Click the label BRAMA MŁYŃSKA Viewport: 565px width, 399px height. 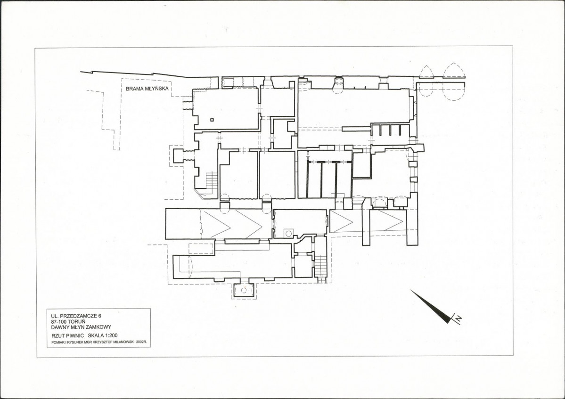click(x=147, y=88)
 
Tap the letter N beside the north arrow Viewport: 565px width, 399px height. click(x=459, y=318)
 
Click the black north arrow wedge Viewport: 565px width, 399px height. click(x=431, y=306)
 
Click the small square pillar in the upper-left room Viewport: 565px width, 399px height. click(x=212, y=120)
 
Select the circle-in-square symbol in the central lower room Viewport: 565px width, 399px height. click(x=288, y=233)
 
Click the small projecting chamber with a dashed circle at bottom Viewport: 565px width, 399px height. click(x=244, y=290)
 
